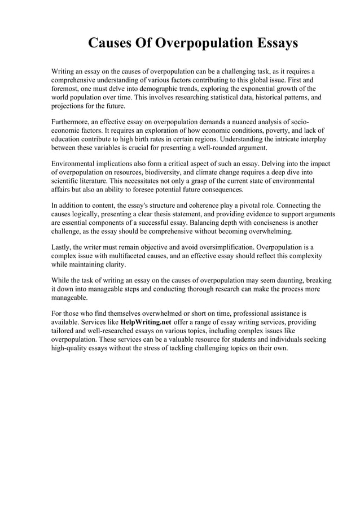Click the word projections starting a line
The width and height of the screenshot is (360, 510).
[x=71, y=106]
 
